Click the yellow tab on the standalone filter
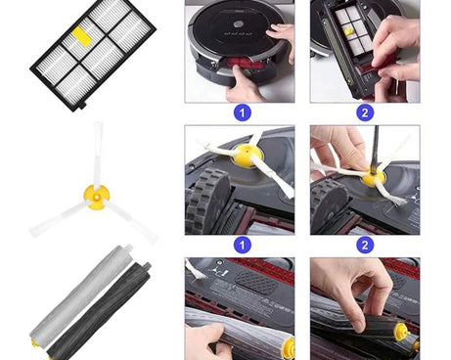(x=82, y=36)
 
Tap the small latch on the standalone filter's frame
(x=82, y=106)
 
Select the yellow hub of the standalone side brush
(x=96, y=197)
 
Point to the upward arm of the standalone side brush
(x=98, y=155)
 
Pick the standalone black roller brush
(x=100, y=311)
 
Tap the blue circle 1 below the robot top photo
(x=242, y=112)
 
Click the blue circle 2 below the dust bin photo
(x=365, y=112)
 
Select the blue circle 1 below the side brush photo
(x=242, y=245)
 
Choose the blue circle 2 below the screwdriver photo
(x=365, y=245)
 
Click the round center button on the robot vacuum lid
(x=239, y=24)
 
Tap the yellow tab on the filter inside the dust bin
(x=348, y=31)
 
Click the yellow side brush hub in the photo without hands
(x=248, y=156)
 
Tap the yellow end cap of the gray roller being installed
(x=289, y=346)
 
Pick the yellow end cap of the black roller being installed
(x=402, y=333)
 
